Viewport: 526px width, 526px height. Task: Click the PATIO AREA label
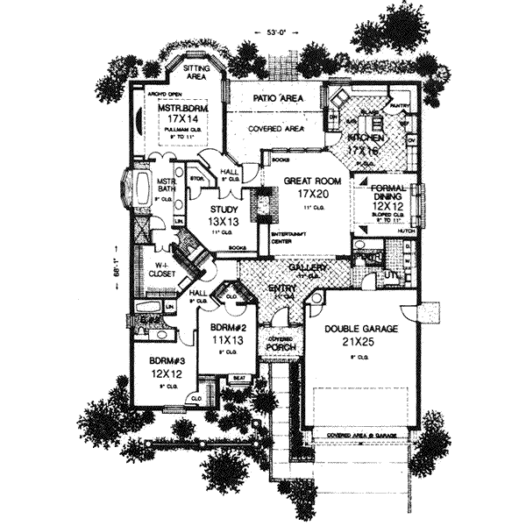pos(278,100)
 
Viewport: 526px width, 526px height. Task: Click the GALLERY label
pos(314,267)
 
